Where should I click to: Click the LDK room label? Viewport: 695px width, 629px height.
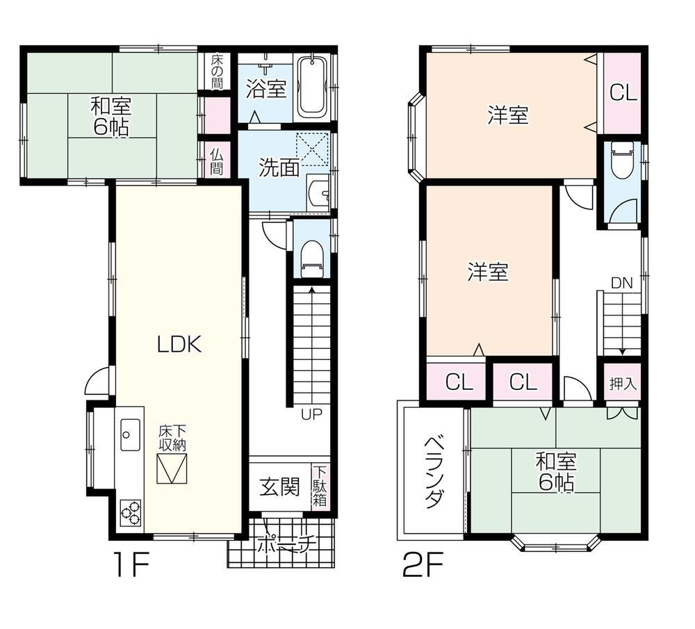click(179, 344)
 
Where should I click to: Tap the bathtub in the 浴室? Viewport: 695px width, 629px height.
click(311, 87)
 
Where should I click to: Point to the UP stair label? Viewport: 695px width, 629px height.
click(311, 414)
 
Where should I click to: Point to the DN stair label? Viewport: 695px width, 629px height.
click(621, 284)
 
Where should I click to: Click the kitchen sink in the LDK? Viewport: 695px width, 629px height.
click(130, 435)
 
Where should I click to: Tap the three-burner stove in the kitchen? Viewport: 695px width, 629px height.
click(131, 514)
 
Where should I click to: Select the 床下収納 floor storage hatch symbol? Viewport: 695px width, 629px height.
click(172, 468)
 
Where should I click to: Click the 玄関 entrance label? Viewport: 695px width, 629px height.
click(279, 487)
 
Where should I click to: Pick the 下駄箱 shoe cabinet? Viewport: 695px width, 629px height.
click(321, 487)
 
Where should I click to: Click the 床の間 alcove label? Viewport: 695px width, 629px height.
click(217, 72)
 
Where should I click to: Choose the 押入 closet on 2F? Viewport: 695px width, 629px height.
click(622, 383)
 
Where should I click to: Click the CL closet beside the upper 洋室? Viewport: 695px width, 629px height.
click(623, 93)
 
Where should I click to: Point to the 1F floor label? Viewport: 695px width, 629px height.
click(131, 564)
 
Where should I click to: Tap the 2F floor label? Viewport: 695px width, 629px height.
click(423, 564)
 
